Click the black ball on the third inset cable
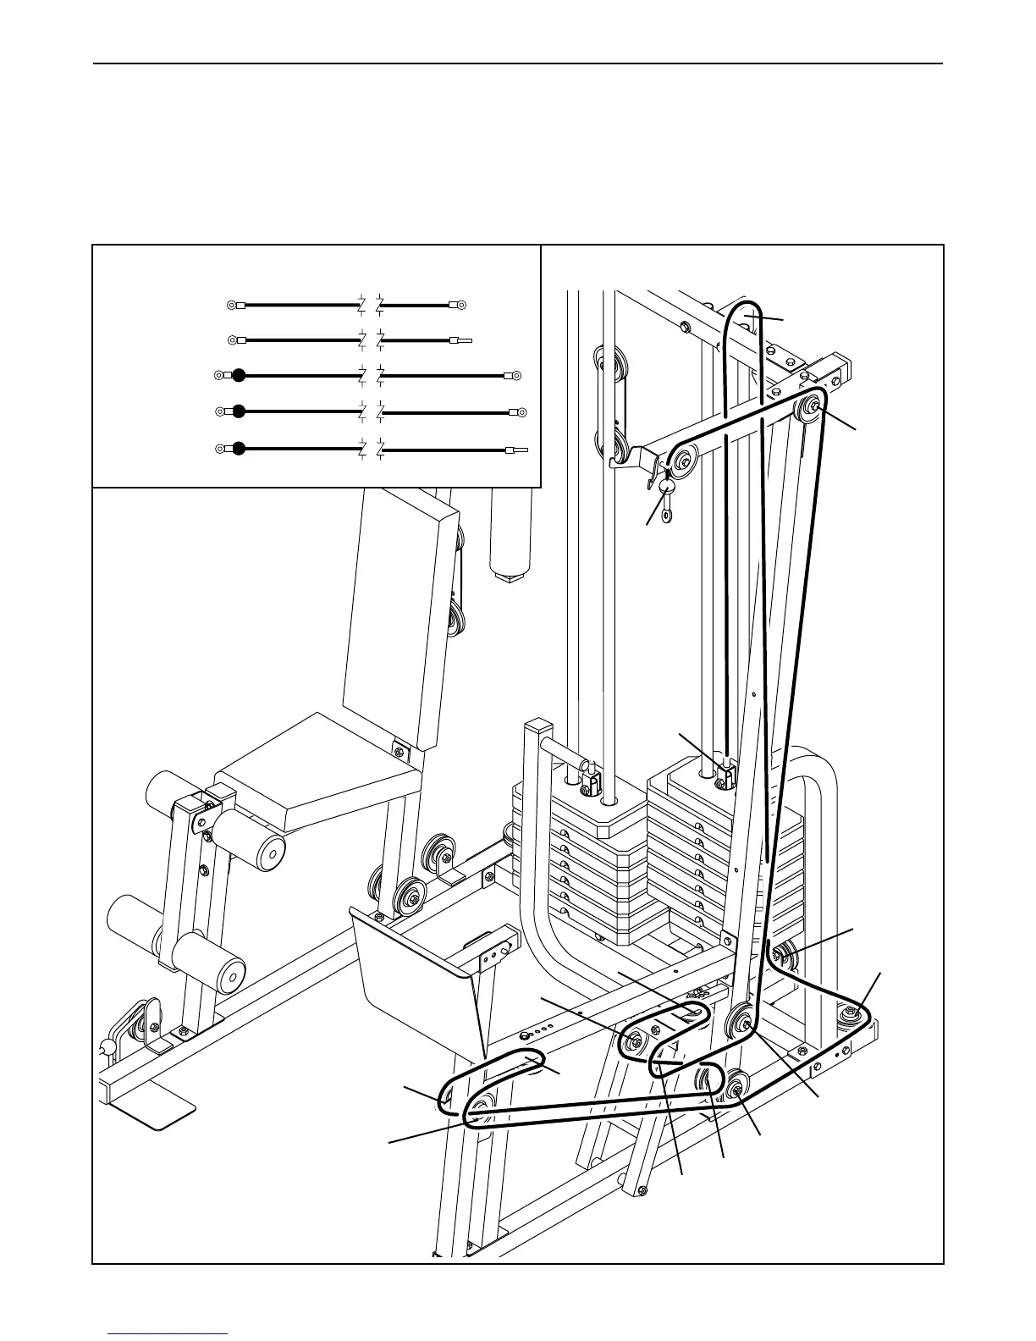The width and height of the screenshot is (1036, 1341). click(x=240, y=375)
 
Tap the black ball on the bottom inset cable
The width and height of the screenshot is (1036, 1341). click(x=240, y=449)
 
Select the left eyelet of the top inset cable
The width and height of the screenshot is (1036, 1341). click(x=232, y=304)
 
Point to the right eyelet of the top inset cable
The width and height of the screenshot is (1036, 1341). click(x=461, y=304)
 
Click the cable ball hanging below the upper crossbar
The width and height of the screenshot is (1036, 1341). click(x=668, y=488)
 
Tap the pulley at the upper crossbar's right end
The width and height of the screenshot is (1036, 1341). click(x=810, y=406)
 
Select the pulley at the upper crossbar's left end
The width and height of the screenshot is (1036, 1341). click(x=682, y=462)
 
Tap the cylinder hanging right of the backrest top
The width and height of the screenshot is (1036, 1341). click(x=510, y=533)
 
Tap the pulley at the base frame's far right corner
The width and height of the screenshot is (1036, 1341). click(x=851, y=1013)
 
